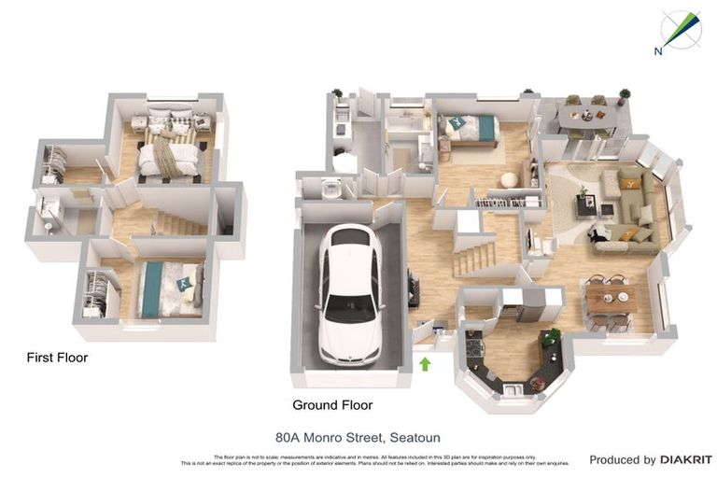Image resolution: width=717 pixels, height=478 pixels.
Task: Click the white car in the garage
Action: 349,296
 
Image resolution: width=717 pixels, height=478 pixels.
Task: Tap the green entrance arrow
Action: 426,363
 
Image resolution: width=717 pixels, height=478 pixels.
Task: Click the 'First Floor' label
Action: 56,358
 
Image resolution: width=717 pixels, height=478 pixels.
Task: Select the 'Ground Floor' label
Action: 332,405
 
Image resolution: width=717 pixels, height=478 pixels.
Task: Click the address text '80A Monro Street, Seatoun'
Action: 358,437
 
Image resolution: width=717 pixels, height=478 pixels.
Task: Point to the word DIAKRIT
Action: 686,459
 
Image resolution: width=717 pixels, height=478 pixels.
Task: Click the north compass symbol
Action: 680,30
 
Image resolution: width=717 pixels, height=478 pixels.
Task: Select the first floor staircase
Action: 177,223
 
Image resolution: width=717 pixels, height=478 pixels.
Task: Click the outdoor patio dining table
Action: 585,117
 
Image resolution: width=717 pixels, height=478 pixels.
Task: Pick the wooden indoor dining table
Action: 611,298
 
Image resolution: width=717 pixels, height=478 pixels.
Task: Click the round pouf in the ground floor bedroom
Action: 510,180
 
